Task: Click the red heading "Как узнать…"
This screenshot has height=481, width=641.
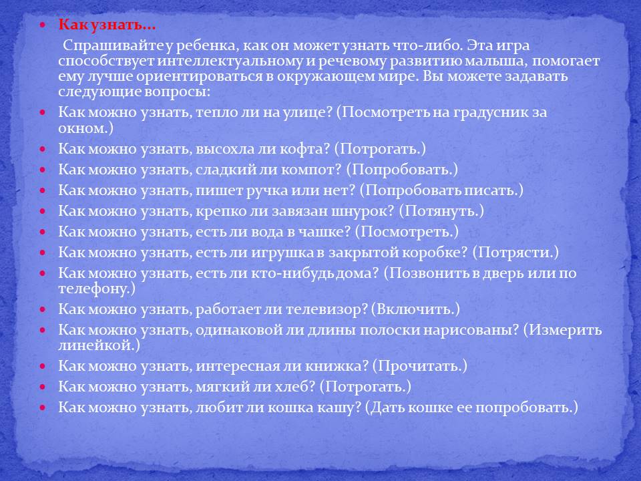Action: [107, 25]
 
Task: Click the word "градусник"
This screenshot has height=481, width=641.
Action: [489, 113]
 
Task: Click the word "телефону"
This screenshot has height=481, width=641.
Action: [96, 289]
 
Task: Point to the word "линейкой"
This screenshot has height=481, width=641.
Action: [99, 345]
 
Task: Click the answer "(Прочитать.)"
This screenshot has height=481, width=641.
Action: [420, 366]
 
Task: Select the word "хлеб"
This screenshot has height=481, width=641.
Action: [296, 387]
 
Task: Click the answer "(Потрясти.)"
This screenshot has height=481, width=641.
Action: [515, 253]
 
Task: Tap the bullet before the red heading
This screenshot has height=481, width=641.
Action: [43, 25]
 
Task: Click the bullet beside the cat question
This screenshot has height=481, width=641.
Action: [43, 408]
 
